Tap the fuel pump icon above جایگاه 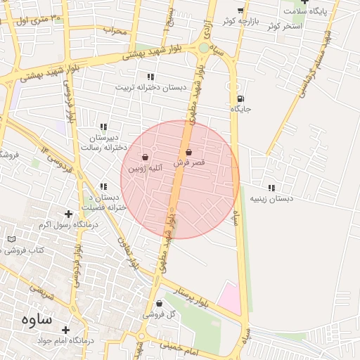click(241, 99)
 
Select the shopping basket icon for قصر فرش click(188, 152)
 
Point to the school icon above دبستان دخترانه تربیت click(150, 77)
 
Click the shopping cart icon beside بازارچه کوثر click(240, 11)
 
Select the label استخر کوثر click(284, 25)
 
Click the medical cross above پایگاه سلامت click(304, 1)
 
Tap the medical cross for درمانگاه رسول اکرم click(68, 214)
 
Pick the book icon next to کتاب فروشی click(11, 239)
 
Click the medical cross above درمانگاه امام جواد click(65, 329)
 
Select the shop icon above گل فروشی click(159, 304)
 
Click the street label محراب click(115, 31)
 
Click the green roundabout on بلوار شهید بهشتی click(203, 48)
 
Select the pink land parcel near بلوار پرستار click(229, 298)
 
